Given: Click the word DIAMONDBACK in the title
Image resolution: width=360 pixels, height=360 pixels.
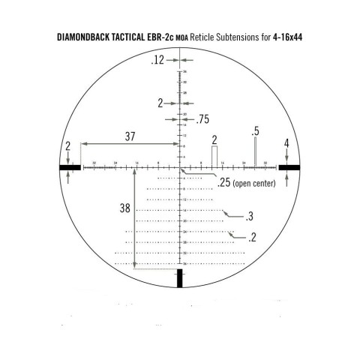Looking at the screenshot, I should (x=88, y=37).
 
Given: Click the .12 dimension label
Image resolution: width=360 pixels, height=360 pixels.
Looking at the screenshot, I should (x=157, y=60).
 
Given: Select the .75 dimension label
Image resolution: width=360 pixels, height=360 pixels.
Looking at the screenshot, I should (x=202, y=118).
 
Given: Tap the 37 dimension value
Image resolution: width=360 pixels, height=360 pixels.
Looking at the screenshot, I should (x=130, y=135).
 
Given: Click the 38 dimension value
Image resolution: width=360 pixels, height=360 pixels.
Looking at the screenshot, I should (x=123, y=209).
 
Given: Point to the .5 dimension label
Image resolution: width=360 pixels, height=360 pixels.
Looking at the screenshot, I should (x=256, y=131).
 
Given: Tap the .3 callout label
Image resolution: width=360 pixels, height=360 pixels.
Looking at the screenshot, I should (x=250, y=217).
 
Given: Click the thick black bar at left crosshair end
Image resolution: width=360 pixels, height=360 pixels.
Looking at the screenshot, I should (x=71, y=168).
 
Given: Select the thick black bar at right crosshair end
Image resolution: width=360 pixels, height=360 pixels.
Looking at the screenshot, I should (x=289, y=168).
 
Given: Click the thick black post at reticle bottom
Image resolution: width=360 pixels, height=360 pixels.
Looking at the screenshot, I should (x=180, y=279).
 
